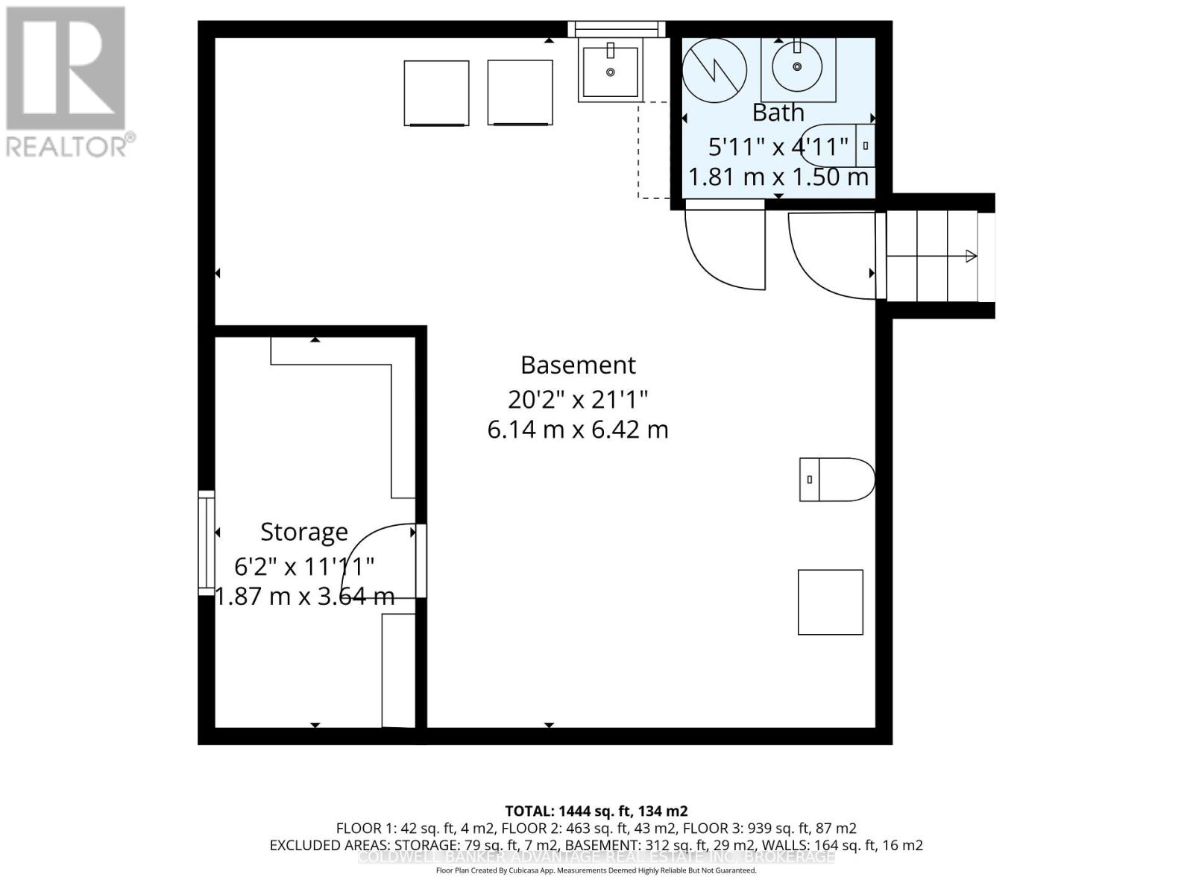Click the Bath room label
[x=778, y=113]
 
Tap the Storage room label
[x=303, y=532]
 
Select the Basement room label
[x=578, y=365]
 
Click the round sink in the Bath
[x=797, y=67]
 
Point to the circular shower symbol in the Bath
[x=714, y=71]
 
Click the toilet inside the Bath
[x=839, y=145]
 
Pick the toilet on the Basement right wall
[x=837, y=480]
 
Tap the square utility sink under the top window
[x=610, y=72]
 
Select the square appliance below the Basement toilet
[x=830, y=602]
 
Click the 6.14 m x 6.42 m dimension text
[x=578, y=430]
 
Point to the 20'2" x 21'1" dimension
[x=578, y=400]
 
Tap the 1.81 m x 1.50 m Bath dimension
[x=778, y=178]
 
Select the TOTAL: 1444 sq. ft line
[x=596, y=811]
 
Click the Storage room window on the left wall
[x=206, y=542]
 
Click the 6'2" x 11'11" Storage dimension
[x=303, y=567]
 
